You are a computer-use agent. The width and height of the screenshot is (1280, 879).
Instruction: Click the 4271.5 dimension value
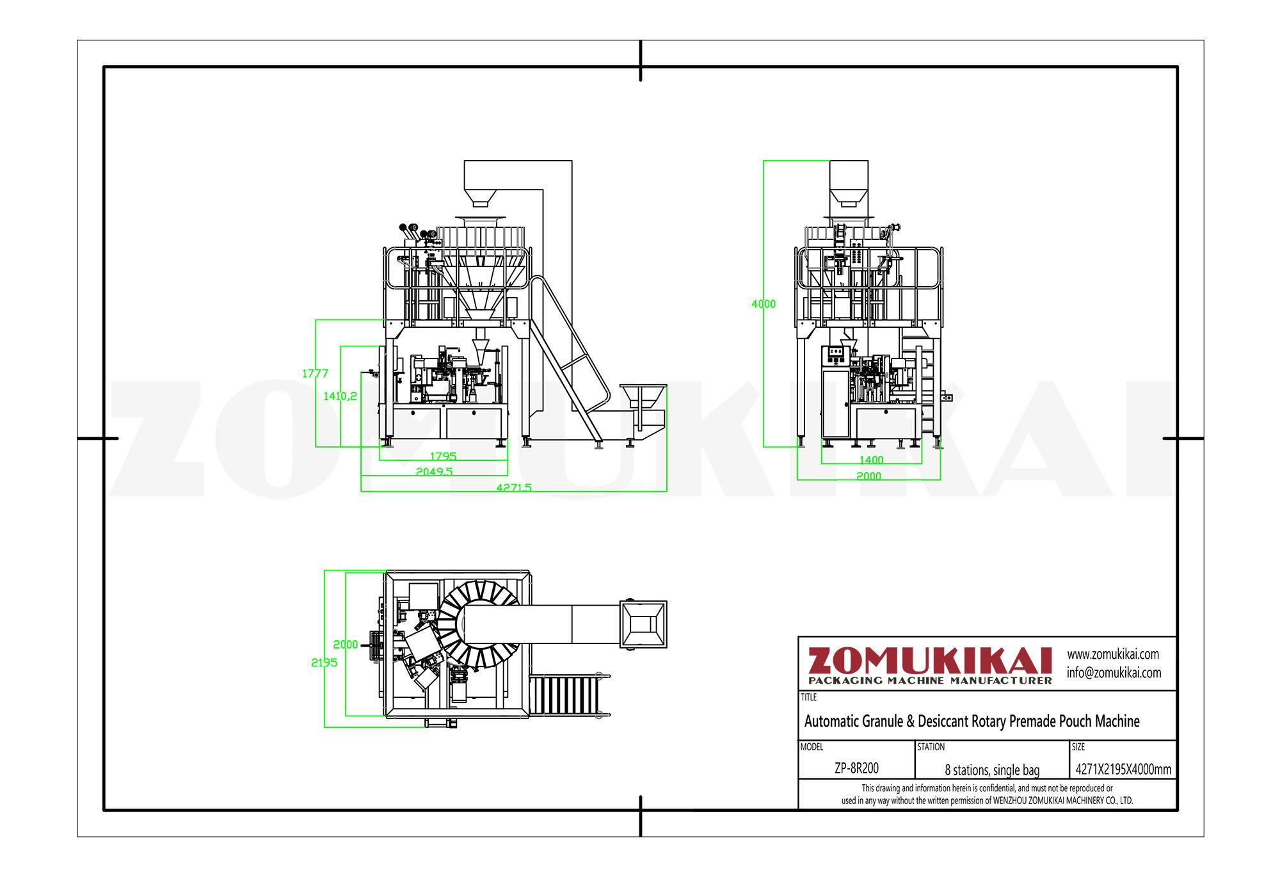514,487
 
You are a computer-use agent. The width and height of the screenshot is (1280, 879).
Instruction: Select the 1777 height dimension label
315,373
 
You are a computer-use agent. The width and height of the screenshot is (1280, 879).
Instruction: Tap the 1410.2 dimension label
340,396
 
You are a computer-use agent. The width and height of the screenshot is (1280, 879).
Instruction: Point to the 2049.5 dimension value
434,471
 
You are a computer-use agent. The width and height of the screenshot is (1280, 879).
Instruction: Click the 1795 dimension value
443,456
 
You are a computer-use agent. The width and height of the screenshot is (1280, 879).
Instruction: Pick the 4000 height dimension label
764,304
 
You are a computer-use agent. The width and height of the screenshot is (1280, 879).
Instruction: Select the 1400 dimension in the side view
871,460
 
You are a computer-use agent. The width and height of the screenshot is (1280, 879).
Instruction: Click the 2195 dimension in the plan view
324,663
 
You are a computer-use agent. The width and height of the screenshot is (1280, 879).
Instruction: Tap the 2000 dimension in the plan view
346,644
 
